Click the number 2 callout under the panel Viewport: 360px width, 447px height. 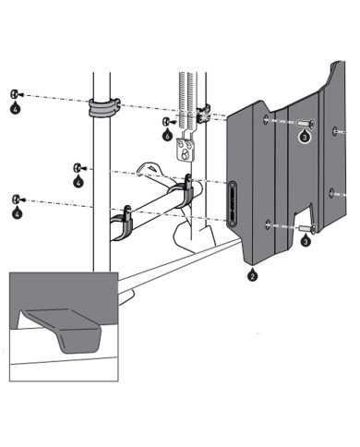pos(252,274)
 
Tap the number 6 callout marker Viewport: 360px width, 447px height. pos(167,135)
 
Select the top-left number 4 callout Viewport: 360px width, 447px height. pos(16,108)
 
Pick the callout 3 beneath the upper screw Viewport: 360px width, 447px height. pos(305,136)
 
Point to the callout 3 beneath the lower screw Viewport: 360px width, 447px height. pos(306,240)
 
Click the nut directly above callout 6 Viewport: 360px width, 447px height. pos(166,122)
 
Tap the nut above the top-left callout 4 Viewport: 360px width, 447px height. pos(15,94)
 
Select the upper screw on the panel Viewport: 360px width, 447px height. pos(306,124)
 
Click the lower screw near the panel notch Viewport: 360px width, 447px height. pos(307,229)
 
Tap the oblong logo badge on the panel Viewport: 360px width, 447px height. pos(232,204)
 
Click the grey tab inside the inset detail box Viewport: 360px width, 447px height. pos(63,330)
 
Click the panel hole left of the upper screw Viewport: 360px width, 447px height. pos(266,119)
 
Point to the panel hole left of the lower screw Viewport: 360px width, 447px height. pos(268,225)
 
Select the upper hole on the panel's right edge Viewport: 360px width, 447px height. pos(335,131)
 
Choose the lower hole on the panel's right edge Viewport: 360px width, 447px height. pos(331,193)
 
